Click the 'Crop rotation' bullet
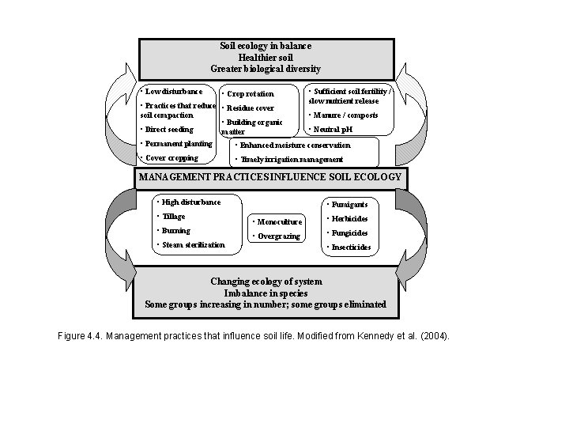250,94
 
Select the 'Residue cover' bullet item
250,108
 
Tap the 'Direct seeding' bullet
168,129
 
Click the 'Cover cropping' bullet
169,158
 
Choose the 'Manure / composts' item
345,115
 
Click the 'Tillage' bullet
171,217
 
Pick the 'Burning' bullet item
174,231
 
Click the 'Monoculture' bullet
277,222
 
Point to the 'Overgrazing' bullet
276,236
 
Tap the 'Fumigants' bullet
346,205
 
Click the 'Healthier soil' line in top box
266,58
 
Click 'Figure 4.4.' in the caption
81,336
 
